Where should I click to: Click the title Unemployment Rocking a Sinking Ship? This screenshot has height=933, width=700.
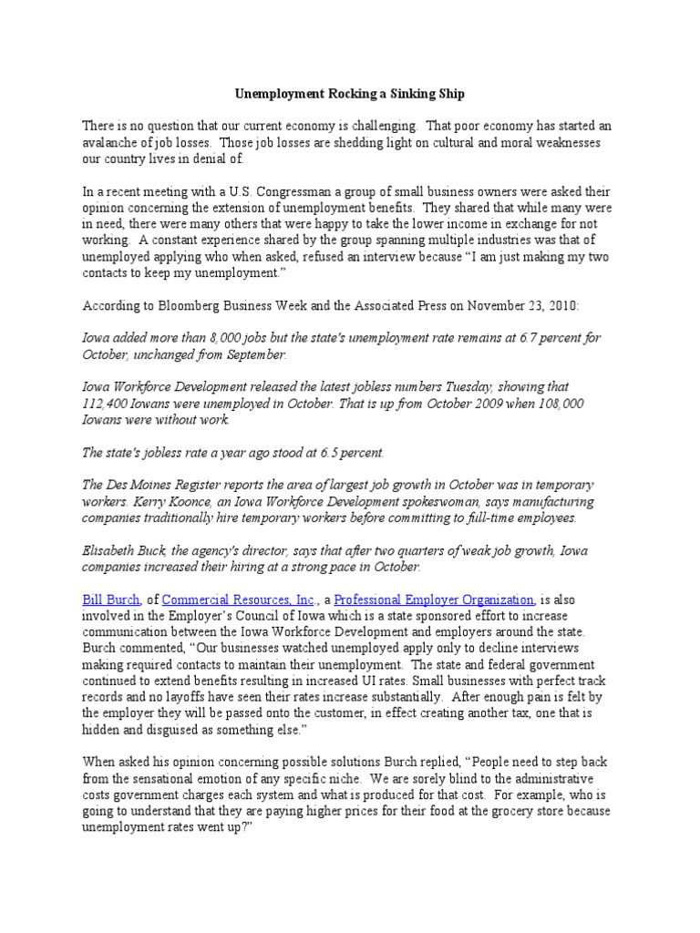pyautogui.click(x=349, y=94)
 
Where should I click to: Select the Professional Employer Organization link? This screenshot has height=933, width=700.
pyautogui.click(x=435, y=600)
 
